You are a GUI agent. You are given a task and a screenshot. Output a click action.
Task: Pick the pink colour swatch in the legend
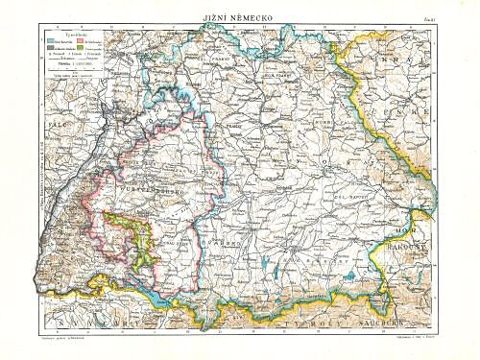80,42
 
